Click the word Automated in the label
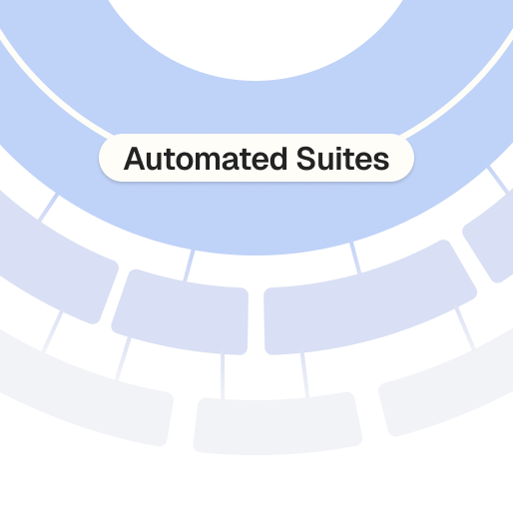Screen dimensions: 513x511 coord(206,159)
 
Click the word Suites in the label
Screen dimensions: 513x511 coord(342,159)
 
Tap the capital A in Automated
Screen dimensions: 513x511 coord(134,159)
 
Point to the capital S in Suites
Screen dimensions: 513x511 coord(306,159)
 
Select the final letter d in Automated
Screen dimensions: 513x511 coord(277,159)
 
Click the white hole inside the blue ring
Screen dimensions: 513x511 coord(256,37)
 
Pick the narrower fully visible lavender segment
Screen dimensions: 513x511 coord(181,312)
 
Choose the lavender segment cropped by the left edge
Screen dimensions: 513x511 coord(57,259)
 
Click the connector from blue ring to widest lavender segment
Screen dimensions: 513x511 coord(355,258)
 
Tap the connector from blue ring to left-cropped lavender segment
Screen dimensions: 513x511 coord(49,208)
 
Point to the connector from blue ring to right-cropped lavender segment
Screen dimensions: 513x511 coord(498,180)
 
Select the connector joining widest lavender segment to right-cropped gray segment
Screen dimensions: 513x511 coord(465,329)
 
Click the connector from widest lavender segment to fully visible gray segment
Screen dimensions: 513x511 coord(305,375)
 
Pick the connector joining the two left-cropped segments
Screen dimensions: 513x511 coord(52,331)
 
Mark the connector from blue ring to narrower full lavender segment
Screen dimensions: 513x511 coord(189,265)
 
